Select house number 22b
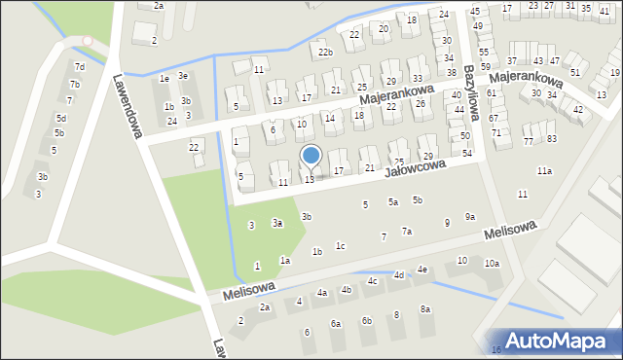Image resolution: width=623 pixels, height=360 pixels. click(325, 53)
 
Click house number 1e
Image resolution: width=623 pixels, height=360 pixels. click(165, 79)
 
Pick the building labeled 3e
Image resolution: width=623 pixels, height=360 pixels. click(182, 76)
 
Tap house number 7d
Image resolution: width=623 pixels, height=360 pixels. click(80, 67)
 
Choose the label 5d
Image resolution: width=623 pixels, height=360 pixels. click(60, 118)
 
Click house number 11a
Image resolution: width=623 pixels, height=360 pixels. click(544, 171)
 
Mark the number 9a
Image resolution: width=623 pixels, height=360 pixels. click(470, 217)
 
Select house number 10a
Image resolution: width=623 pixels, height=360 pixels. click(493, 264)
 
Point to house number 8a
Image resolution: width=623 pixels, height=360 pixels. click(425, 309)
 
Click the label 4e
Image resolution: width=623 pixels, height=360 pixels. click(422, 270)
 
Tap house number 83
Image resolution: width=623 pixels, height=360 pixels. click(552, 138)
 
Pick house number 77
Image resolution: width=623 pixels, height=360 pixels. click(529, 142)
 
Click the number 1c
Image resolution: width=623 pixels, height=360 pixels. click(341, 246)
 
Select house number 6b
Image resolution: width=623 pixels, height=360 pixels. click(367, 321)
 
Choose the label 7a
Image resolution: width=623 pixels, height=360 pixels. click(407, 232)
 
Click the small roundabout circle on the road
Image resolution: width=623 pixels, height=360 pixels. click(88, 41)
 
